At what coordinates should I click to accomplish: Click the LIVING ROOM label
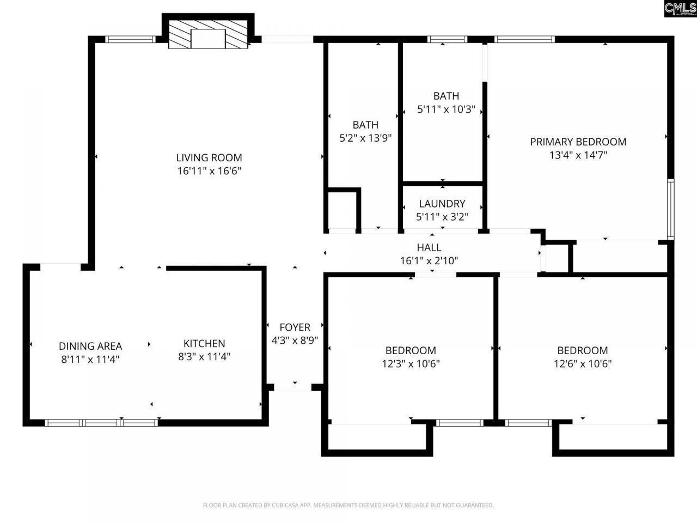coord(209,158)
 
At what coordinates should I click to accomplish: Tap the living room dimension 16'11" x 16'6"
coord(209,171)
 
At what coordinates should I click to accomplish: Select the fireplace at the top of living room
coord(208,35)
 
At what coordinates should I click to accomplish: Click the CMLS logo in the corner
coord(680,9)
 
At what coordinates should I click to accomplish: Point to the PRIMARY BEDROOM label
coord(578,142)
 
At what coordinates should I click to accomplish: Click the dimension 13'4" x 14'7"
coord(578,155)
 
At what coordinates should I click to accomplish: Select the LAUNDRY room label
coord(442,204)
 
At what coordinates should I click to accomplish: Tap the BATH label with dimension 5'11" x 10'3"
coord(446,96)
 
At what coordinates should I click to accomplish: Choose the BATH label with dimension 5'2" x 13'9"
coord(365,125)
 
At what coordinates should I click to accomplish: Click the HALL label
coord(429,248)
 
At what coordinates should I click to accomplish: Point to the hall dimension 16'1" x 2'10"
coord(429,261)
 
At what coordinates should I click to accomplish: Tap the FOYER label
coord(295,327)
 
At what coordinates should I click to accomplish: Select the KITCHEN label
coord(204,344)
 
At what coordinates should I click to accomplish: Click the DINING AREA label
coord(90,346)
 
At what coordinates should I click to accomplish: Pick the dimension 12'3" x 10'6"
coord(411,364)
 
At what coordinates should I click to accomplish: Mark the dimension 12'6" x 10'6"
coord(583,364)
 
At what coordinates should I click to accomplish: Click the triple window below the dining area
coord(101,422)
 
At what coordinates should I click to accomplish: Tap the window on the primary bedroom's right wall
coord(671,209)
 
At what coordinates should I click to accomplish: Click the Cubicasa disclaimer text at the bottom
coord(348,506)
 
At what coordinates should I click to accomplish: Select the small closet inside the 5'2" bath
coord(343,210)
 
